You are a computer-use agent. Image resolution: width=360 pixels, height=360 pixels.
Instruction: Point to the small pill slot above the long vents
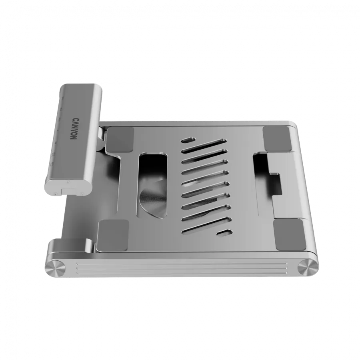pos(188,141)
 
